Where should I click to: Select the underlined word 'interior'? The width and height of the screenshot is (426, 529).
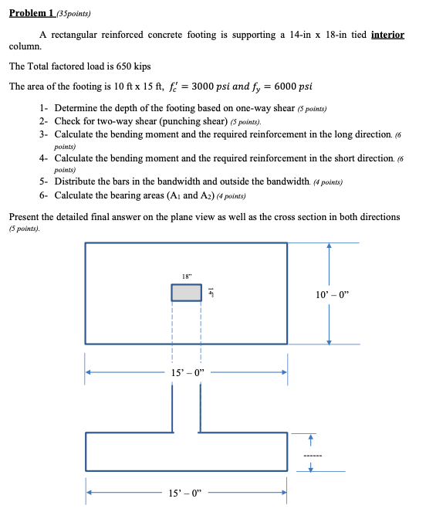[x=387, y=36]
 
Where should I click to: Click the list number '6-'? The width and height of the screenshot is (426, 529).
[x=45, y=195]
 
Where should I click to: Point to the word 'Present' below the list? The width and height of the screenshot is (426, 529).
[x=25, y=217]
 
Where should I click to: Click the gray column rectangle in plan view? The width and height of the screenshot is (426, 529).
[x=186, y=292]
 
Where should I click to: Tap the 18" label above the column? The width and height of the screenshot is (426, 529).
[x=186, y=276]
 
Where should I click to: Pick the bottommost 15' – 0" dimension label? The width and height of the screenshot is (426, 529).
[x=185, y=491]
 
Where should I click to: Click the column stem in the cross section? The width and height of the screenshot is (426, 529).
[x=186, y=408]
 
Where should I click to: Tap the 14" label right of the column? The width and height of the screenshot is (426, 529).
[x=210, y=292]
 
